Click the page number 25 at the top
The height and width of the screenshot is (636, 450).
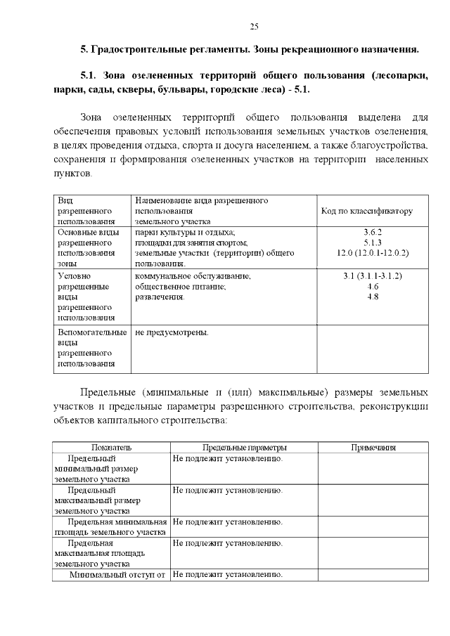(x=255, y=26)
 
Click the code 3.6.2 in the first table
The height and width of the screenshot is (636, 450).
(x=373, y=231)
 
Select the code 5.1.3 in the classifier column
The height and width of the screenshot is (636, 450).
(x=373, y=242)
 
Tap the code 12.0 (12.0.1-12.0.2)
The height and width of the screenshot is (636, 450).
(x=373, y=252)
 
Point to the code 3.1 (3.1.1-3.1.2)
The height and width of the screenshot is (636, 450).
(x=373, y=276)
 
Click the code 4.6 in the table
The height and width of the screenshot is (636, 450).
(x=373, y=287)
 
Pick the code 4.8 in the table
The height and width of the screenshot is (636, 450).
(x=373, y=297)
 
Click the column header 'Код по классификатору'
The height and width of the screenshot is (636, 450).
(x=366, y=211)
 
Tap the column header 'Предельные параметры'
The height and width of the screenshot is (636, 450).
(x=244, y=448)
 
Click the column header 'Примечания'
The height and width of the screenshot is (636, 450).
(x=373, y=448)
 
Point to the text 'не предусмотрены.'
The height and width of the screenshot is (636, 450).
(x=172, y=332)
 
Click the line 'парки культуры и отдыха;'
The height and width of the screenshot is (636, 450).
(x=184, y=231)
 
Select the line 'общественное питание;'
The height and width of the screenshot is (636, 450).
(x=180, y=287)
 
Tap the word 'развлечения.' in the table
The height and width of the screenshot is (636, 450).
(x=160, y=297)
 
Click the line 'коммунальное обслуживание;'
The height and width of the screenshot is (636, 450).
(x=192, y=276)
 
